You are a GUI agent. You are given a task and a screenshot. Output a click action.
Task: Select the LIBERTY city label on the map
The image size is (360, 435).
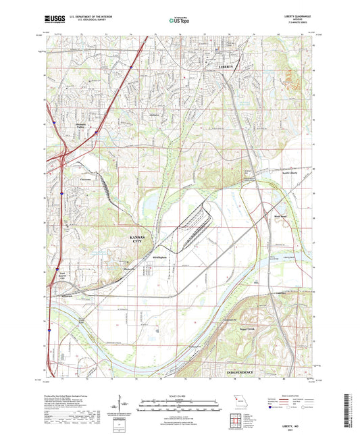point(226,68)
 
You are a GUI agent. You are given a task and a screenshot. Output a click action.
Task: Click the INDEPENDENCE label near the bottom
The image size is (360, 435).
point(237,372)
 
